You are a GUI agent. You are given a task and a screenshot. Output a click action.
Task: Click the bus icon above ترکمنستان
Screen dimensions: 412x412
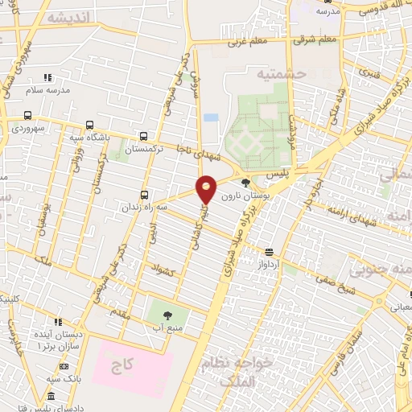pos(143,136)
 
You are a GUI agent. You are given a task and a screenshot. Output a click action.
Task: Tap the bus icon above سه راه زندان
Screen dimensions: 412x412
pos(145,194)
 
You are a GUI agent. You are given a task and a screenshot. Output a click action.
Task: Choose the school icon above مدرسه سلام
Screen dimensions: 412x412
pos(47,77)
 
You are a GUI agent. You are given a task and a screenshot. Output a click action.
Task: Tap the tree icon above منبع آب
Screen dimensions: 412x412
pos(168,315)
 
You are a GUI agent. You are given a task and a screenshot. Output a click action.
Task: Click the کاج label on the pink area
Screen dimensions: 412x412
pos(122,365)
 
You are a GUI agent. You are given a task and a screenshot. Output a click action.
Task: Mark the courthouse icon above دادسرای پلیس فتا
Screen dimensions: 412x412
pos(51,397)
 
